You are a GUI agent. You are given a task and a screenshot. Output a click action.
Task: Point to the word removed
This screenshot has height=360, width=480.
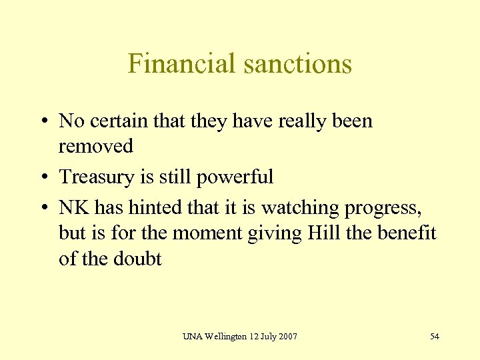(96, 145)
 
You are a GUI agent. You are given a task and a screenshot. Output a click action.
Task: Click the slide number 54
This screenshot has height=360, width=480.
(435, 336)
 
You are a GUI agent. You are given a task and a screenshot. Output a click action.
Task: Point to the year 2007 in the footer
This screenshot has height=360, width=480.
(287, 336)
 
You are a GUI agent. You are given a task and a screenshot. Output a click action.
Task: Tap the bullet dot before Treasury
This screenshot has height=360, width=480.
(43, 177)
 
